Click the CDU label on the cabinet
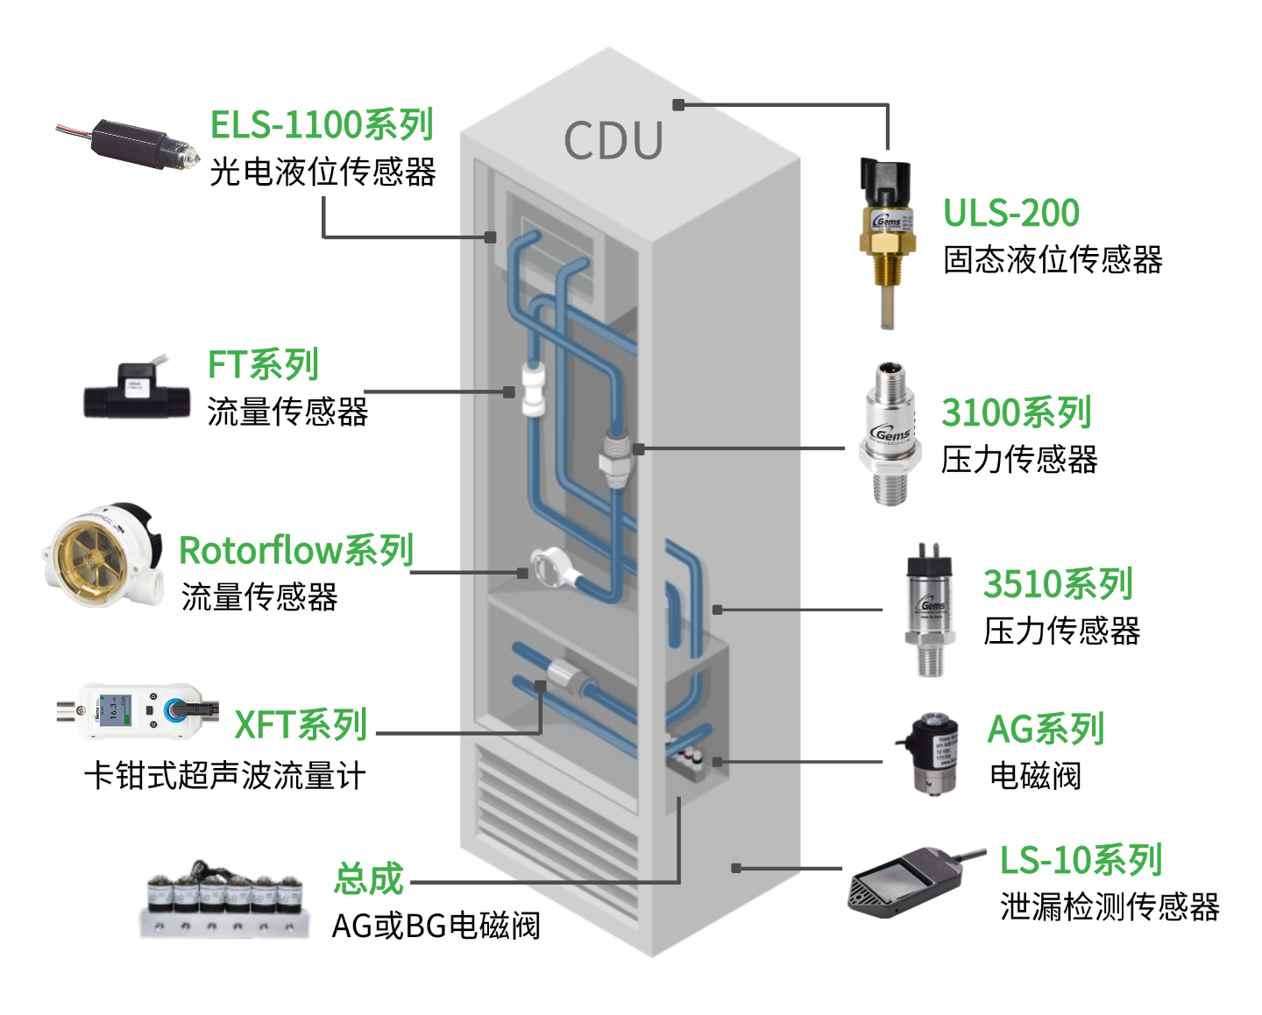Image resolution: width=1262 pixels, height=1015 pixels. click(613, 141)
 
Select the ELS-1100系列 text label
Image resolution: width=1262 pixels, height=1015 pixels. click(322, 124)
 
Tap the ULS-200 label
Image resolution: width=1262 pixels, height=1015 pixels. click(1010, 213)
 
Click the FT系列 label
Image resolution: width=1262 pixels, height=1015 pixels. click(263, 364)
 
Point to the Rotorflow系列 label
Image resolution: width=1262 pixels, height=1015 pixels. click(295, 550)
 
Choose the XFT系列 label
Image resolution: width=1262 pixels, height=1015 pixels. click(300, 725)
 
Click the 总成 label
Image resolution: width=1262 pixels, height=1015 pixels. click(368, 878)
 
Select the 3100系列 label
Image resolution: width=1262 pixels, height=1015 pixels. click(1016, 412)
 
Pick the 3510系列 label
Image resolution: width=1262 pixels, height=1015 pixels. click(1058, 584)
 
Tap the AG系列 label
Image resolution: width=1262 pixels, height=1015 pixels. click(1046, 729)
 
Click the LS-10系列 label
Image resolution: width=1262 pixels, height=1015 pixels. click(1081, 860)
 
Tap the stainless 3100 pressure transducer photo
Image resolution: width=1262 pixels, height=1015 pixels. click(889, 434)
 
